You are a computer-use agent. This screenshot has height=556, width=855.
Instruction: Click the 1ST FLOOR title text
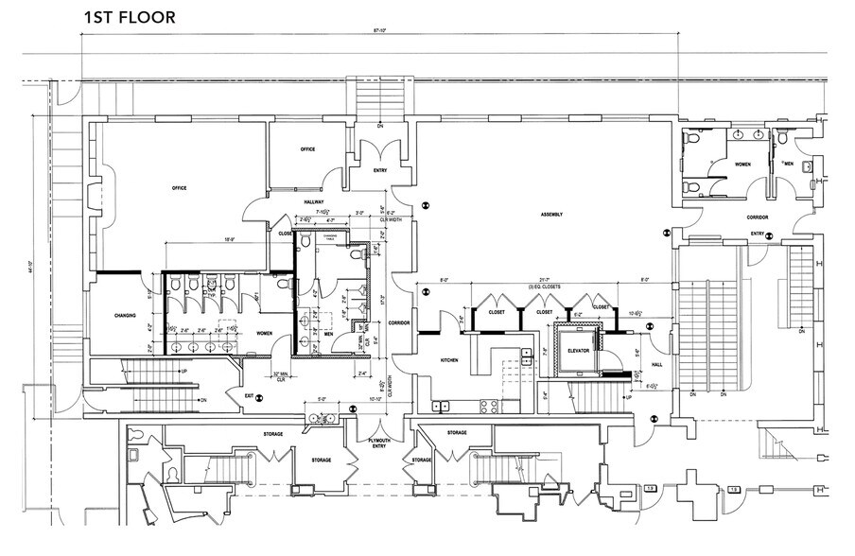[129, 18]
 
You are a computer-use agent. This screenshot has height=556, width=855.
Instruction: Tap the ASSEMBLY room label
[552, 215]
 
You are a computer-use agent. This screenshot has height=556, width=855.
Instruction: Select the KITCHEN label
[448, 361]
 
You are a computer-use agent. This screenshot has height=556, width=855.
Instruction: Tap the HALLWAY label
[313, 201]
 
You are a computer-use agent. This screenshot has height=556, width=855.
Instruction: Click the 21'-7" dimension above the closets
[544, 280]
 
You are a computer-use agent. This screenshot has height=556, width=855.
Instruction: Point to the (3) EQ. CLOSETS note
[544, 287]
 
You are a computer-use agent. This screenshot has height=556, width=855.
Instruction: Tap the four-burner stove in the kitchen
[491, 407]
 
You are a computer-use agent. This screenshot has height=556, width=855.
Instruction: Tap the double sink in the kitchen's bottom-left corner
[441, 407]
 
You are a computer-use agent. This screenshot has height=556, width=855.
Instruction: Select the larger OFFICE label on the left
[179, 188]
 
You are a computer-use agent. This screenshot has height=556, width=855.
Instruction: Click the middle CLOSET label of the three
[544, 311]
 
